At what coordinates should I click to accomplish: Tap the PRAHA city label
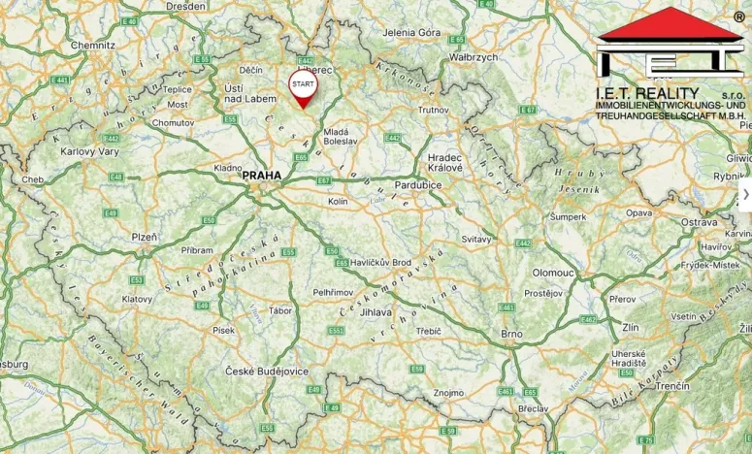click(x=261, y=176)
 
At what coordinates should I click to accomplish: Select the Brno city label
click(x=511, y=334)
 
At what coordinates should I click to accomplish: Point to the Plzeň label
click(x=145, y=237)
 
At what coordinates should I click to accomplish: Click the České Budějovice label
click(x=267, y=371)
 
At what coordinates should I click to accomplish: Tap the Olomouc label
click(x=553, y=273)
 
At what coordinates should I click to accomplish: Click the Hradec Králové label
click(x=444, y=161)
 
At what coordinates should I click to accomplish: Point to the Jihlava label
click(x=376, y=312)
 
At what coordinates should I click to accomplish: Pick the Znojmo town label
click(x=448, y=393)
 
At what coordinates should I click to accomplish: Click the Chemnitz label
click(x=93, y=45)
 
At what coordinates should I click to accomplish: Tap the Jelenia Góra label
click(x=411, y=33)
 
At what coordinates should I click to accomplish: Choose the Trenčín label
click(x=671, y=386)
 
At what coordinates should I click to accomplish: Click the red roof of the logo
click(x=670, y=24)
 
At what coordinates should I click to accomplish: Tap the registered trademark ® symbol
click(x=739, y=17)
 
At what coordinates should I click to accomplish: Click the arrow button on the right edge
click(x=745, y=194)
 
